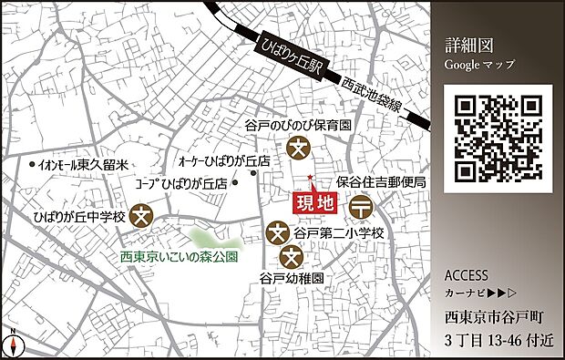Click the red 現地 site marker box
[x=312, y=203]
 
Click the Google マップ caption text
[x=479, y=65]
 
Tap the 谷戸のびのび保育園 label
[x=299, y=127]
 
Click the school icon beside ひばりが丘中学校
[x=141, y=216]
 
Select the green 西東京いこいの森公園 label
[x=180, y=257]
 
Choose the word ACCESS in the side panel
[x=466, y=275]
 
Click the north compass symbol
[x=13, y=345]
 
